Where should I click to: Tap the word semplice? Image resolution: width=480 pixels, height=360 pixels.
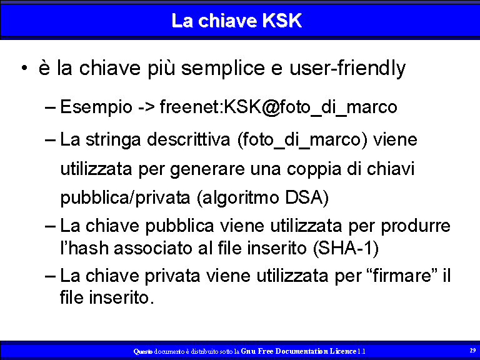click(223, 68)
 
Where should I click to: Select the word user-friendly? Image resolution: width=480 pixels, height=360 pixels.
click(347, 68)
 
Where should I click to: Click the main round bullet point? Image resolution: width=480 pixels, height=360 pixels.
click(24, 68)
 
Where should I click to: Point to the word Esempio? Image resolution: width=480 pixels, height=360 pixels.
click(96, 107)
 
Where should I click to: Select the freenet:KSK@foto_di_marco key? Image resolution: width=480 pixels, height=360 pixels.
click(279, 107)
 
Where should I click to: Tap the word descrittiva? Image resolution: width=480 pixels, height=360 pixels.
click(188, 139)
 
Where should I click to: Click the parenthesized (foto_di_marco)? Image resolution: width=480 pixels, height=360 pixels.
click(302, 140)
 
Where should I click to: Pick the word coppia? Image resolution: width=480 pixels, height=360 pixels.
click(314, 169)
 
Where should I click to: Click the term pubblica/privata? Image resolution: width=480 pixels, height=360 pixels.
click(125, 198)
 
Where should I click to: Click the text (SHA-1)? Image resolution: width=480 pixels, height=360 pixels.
click(346, 248)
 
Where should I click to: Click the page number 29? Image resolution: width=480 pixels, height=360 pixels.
click(472, 350)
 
